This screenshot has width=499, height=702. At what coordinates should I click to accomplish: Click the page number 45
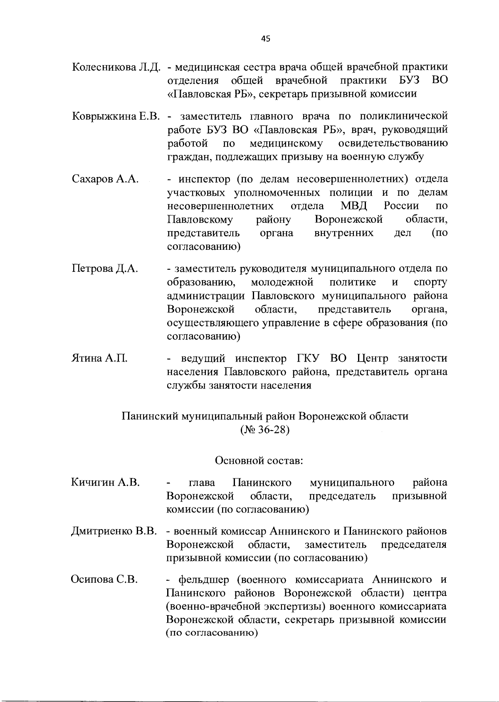coord(266,39)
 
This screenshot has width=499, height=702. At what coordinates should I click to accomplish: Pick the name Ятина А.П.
coord(99,358)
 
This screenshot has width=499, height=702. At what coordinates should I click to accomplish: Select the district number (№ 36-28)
coord(265,429)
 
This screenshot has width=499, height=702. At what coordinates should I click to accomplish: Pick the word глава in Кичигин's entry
coord(202,483)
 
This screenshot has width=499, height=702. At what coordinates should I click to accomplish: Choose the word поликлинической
coord(403,116)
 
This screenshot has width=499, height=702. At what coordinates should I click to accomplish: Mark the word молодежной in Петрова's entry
coord(282,283)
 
